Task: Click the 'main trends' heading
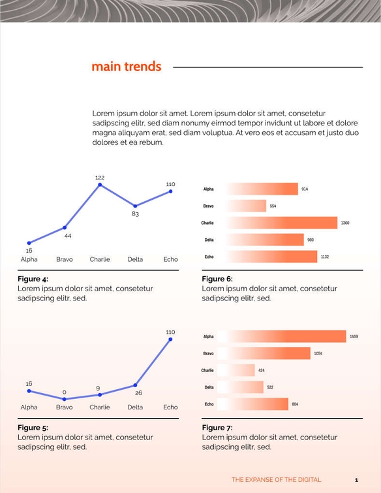(126, 67)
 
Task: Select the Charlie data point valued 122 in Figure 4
(100, 185)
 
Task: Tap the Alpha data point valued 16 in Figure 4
(29, 243)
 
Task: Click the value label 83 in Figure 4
(135, 214)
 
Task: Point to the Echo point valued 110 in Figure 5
(170, 339)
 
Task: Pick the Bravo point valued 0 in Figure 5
(65, 398)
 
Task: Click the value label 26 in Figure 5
(138, 393)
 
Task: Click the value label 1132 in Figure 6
(324, 257)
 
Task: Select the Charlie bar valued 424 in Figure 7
(236, 370)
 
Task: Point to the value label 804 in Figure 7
(295, 405)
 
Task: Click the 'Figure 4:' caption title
(33, 279)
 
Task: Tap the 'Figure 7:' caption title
(217, 428)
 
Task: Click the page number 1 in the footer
(356, 480)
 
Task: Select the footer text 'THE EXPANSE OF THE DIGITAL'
(276, 480)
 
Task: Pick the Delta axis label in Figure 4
(135, 259)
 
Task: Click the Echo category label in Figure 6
(209, 257)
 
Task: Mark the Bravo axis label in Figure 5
(65, 407)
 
